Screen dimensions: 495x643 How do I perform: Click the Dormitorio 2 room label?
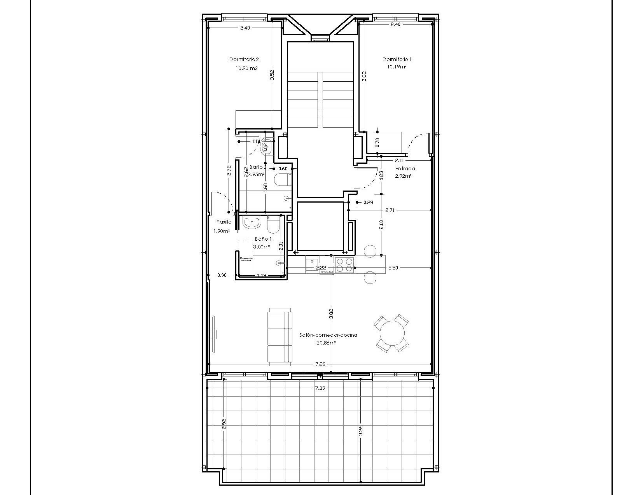244,59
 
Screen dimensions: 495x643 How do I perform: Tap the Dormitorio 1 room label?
397,59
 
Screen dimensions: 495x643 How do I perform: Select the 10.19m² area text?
397,67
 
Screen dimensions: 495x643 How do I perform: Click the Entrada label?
405,168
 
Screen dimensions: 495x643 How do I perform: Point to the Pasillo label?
224,222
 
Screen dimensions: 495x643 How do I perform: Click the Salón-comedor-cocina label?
328,335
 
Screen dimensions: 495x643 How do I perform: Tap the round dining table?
392,334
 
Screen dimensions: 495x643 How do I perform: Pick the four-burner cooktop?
344,265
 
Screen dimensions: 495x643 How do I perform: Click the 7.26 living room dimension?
320,364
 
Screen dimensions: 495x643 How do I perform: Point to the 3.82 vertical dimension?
331,314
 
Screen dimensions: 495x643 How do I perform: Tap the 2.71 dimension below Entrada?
390,210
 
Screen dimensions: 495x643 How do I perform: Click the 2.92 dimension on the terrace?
224,424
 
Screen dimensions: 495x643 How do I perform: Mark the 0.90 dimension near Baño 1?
222,275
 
